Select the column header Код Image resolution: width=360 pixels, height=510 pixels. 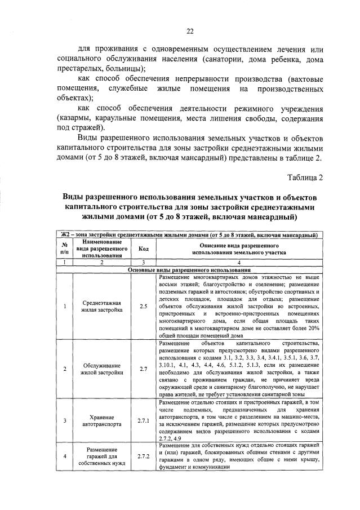tap(143, 249)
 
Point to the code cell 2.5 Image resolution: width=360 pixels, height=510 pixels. tap(143, 306)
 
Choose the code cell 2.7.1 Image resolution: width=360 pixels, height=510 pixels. tap(143, 420)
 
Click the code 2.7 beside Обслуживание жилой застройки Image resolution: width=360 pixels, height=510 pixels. tap(143, 369)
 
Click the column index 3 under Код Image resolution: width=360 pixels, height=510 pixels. tap(143, 263)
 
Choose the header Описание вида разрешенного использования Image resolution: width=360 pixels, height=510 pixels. tap(239, 249)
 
